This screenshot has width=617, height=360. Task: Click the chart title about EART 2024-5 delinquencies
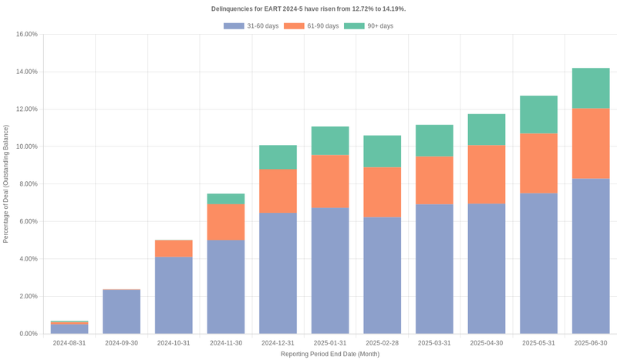[x=308, y=8]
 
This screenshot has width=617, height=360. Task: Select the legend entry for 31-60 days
[x=251, y=26]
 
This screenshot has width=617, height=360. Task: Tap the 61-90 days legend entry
[x=311, y=26]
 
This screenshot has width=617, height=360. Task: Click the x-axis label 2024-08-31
[x=69, y=343]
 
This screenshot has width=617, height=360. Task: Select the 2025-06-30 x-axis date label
[x=591, y=343]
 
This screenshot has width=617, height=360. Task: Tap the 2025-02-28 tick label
[x=382, y=343]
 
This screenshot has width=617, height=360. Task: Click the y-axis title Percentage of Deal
[x=6, y=184]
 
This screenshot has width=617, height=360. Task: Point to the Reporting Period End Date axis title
[x=329, y=354]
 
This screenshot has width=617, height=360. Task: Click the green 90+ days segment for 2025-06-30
[x=591, y=88]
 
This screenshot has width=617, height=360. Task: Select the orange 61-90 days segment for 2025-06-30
[x=591, y=143]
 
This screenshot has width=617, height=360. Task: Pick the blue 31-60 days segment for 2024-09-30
[x=122, y=311]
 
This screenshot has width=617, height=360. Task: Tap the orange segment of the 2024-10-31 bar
[x=174, y=248]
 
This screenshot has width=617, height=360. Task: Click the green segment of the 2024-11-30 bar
[x=226, y=199]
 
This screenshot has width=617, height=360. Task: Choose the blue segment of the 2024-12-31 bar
[x=278, y=273]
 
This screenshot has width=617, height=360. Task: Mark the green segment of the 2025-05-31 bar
[x=538, y=115]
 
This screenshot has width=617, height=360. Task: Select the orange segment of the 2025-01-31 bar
[x=330, y=181]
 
